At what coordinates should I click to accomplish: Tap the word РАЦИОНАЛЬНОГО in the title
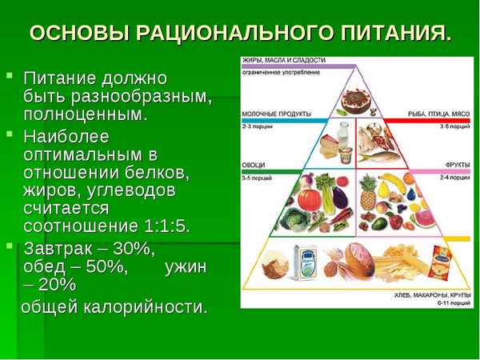tap(238, 34)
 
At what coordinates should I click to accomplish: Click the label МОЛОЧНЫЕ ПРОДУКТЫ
tap(269, 114)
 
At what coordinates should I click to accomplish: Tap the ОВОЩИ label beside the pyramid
tap(253, 166)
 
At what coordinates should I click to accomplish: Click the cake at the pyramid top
tap(352, 102)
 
